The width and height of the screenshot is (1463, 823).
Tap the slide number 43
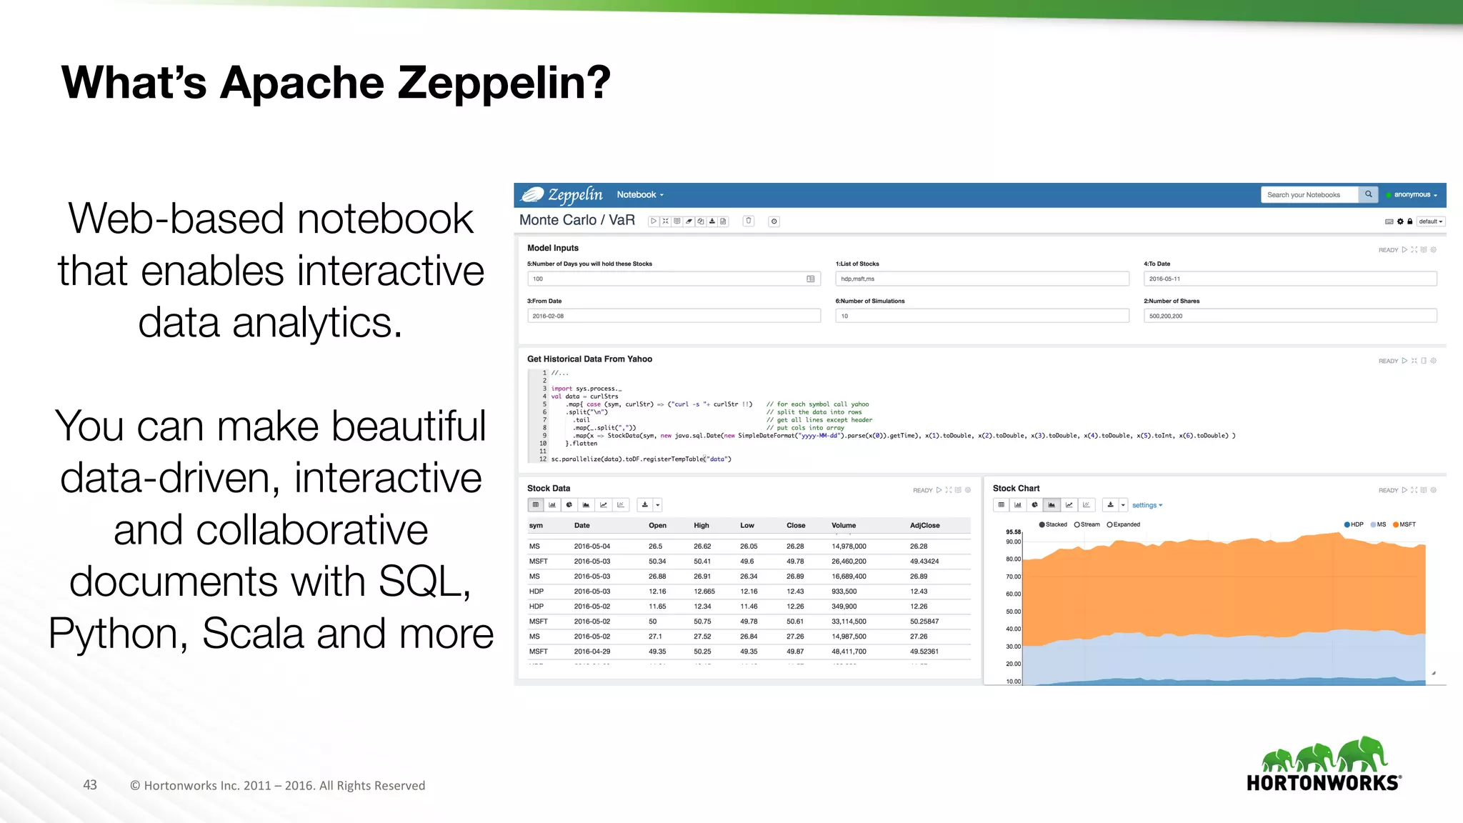point(90,785)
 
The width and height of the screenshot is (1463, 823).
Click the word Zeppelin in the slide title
point(504,83)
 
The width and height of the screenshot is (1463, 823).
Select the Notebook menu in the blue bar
point(640,195)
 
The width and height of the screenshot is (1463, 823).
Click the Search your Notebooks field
point(1309,195)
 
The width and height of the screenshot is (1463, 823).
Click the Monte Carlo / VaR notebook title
point(577,221)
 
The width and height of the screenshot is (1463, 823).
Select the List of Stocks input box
point(982,279)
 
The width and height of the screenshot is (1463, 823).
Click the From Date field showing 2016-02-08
point(674,316)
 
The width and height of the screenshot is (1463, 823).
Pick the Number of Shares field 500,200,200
point(1289,316)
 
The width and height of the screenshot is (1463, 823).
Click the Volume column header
point(844,526)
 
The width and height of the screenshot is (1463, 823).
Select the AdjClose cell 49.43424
point(924,562)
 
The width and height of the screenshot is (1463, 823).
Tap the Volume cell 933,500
point(844,592)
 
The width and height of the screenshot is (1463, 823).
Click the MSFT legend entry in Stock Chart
point(1404,525)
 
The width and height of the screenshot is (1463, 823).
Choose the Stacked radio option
point(1042,525)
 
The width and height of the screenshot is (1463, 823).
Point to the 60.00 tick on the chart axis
point(1013,594)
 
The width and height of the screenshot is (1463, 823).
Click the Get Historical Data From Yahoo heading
point(589,359)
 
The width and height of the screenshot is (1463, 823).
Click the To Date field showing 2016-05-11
point(1289,279)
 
